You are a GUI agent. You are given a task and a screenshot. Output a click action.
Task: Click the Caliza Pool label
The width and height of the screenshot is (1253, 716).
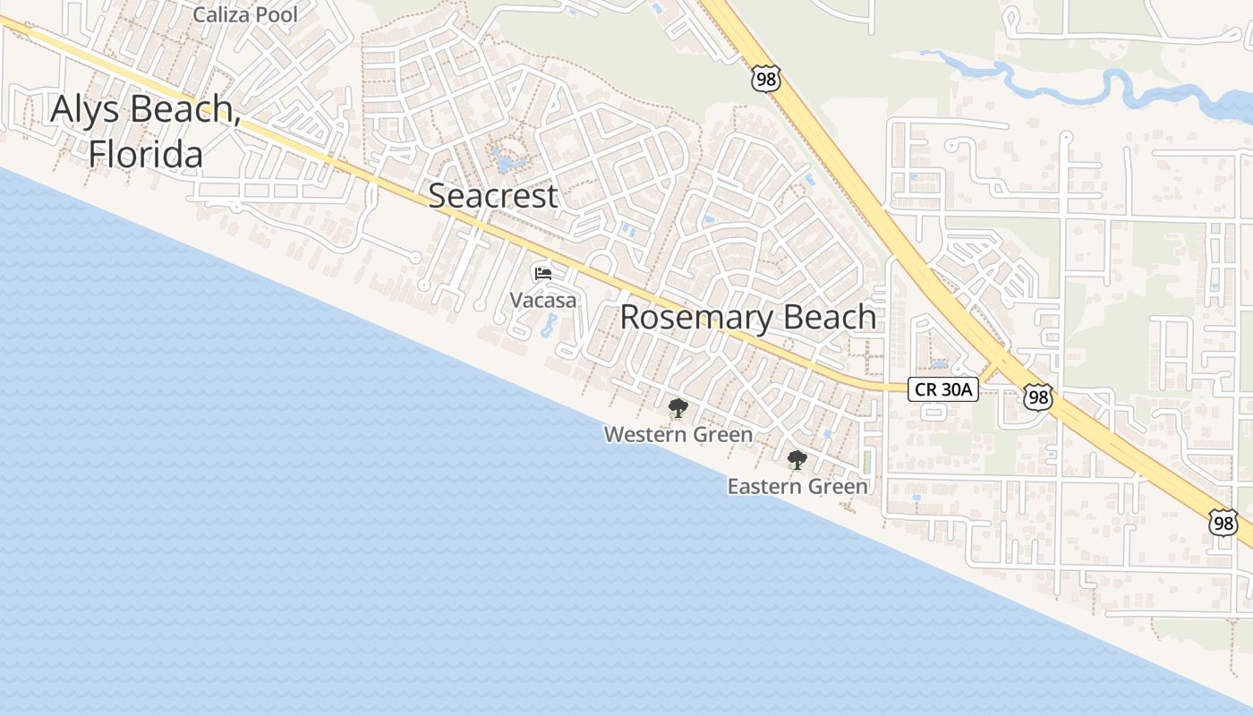(245, 15)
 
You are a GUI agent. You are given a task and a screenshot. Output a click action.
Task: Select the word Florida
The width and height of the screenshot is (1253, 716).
(145, 154)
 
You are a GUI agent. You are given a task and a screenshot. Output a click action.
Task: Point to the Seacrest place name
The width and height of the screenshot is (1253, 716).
(493, 195)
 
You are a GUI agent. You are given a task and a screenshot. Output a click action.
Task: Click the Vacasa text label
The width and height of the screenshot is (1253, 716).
(543, 300)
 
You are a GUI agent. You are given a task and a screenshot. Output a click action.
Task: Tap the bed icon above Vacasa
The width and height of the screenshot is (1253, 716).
(542, 274)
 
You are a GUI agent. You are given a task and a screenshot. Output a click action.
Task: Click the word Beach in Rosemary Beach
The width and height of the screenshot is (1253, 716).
(828, 317)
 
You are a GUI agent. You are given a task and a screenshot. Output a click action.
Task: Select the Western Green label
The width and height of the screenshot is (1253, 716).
(678, 434)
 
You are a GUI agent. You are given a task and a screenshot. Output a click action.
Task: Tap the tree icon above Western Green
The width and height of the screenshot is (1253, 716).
(678, 409)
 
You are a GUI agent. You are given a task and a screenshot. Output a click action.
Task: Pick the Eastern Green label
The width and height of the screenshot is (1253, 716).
(797, 486)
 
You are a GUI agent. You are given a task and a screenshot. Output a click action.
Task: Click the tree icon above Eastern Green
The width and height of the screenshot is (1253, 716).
(797, 461)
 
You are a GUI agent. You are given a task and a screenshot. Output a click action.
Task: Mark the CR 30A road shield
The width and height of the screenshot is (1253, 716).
(943, 389)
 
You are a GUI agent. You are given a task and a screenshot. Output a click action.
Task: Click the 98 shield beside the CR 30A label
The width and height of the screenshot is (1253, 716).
(1036, 397)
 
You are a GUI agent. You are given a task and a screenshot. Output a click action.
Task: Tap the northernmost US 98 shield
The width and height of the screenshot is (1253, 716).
(766, 79)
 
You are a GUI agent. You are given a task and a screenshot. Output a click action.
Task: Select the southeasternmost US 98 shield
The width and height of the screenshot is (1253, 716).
(1223, 523)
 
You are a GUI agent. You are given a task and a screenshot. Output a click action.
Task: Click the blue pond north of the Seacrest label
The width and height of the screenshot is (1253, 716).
(507, 164)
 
